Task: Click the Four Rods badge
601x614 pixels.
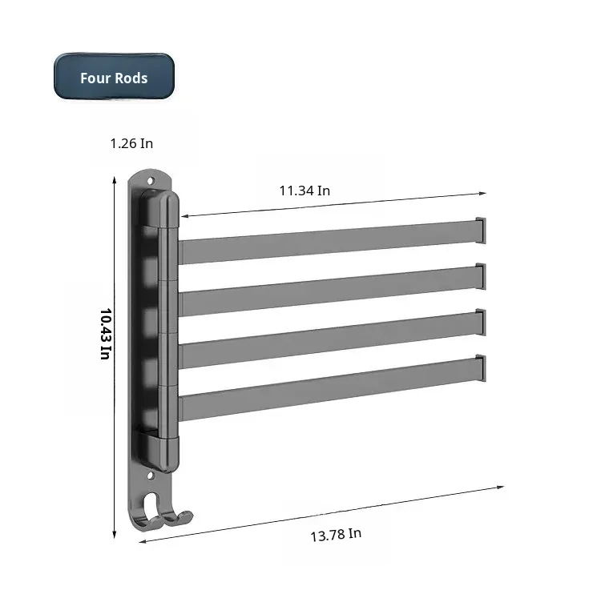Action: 114,76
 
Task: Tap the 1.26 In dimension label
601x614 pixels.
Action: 131,143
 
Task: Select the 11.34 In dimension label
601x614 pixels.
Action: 305,191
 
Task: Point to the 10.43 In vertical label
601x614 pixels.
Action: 106,334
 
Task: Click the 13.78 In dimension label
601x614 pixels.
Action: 336,535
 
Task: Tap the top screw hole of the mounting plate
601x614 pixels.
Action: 150,181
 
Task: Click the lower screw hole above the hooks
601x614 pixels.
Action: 150,476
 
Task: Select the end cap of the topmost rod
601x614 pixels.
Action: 481,231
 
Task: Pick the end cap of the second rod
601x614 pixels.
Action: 481,276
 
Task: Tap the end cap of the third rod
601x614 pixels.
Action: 481,322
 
